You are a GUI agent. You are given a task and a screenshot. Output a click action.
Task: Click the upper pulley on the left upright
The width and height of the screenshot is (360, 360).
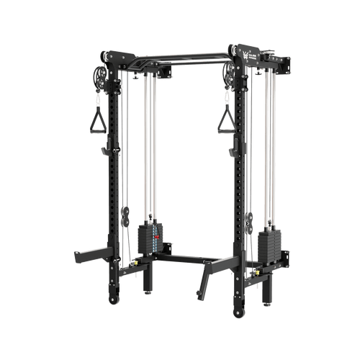coord(99,76)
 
